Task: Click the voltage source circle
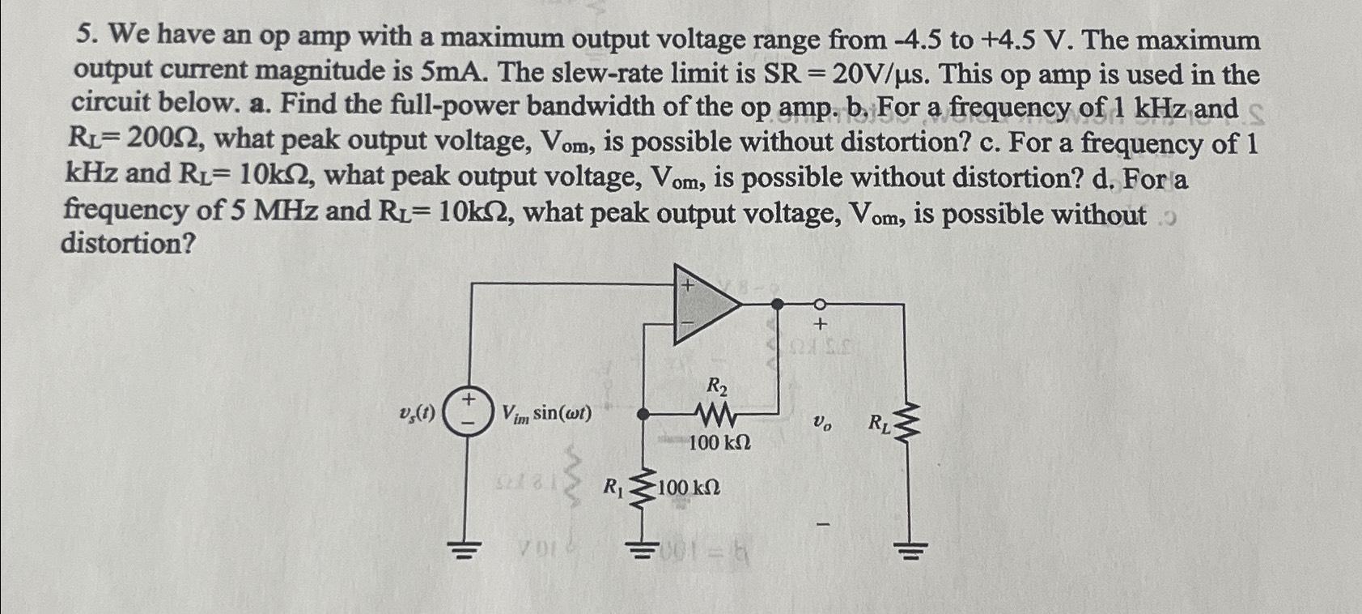(x=467, y=413)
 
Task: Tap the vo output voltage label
(x=821, y=423)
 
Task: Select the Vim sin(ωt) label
(x=546, y=414)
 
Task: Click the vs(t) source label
(x=418, y=414)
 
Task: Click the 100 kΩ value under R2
(x=719, y=444)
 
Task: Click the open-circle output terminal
(x=819, y=305)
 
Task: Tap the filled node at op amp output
(x=777, y=305)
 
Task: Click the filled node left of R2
(x=643, y=414)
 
